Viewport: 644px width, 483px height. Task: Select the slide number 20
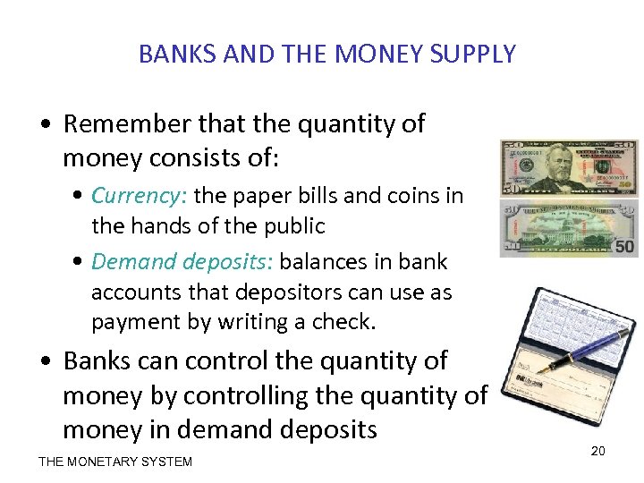click(597, 451)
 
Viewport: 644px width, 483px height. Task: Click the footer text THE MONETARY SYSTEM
click(114, 462)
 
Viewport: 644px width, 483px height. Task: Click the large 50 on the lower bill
click(624, 244)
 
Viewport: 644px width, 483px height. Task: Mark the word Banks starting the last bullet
click(97, 361)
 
